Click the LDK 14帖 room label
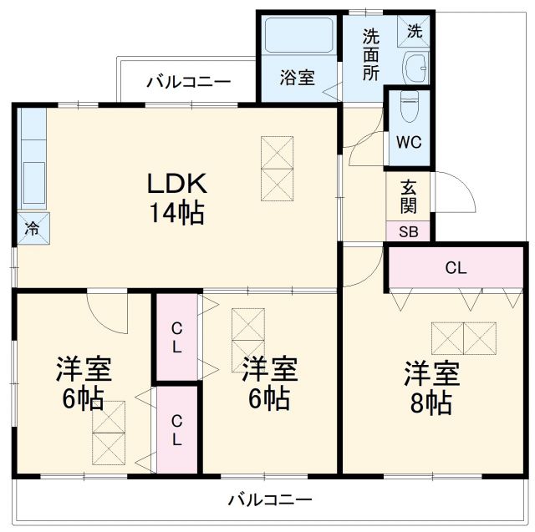click(x=176, y=198)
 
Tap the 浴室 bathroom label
click(x=297, y=78)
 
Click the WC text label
click(x=409, y=141)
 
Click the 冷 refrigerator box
click(x=31, y=226)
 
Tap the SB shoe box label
click(x=408, y=231)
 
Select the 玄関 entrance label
click(x=408, y=197)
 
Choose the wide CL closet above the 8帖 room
click(x=456, y=268)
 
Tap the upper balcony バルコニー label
click(x=188, y=82)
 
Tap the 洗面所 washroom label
click(x=370, y=54)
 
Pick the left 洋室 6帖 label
click(x=84, y=383)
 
